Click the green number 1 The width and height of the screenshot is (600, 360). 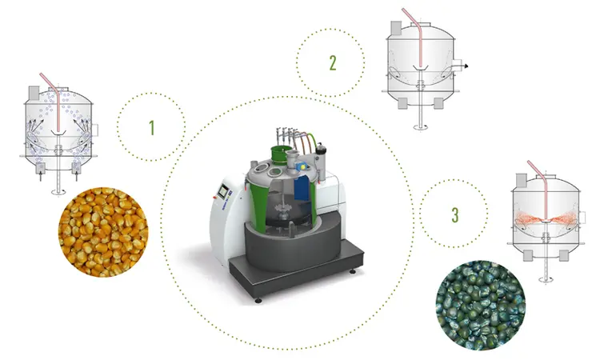pyautogui.click(x=152, y=128)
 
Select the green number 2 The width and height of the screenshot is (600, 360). pyautogui.click(x=333, y=63)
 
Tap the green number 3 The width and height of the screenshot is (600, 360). pyautogui.click(x=454, y=215)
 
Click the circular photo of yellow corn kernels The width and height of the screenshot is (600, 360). pyautogui.click(x=103, y=232)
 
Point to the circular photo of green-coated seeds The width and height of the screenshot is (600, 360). pyautogui.click(x=481, y=306)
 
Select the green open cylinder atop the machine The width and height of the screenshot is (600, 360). pyautogui.click(x=281, y=154)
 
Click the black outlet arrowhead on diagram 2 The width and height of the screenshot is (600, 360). pyautogui.click(x=466, y=66)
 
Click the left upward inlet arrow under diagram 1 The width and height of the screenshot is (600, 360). pyautogui.click(x=41, y=176)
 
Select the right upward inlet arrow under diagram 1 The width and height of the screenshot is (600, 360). pyautogui.click(x=76, y=176)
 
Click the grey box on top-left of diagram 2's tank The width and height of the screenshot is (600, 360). pyautogui.click(x=396, y=29)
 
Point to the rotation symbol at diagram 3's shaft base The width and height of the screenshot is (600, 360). pyautogui.click(x=546, y=280)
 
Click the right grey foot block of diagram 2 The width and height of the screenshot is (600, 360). pyautogui.click(x=438, y=103)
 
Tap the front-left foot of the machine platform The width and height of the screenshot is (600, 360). pyautogui.click(x=258, y=300)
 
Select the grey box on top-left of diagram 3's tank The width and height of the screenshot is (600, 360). pyautogui.click(x=521, y=181)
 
